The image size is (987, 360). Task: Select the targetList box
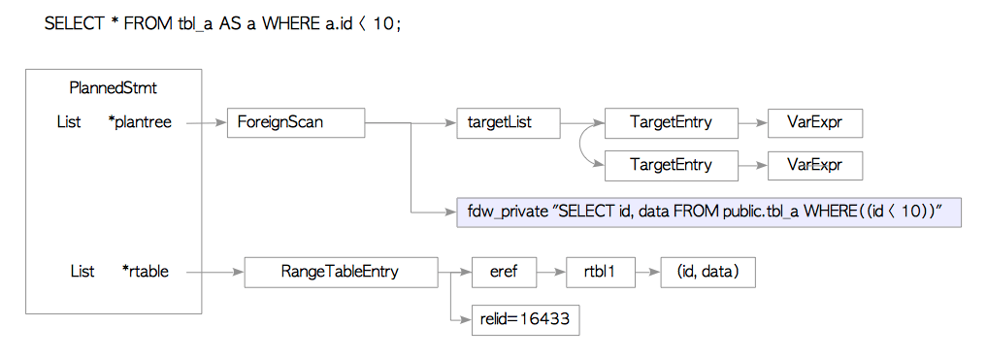(508, 123)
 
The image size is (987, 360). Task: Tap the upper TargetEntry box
(671, 123)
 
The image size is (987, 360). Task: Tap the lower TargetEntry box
(671, 165)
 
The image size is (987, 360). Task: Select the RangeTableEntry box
(340, 272)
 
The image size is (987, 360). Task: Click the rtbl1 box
(591, 272)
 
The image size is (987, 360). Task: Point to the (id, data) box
(707, 272)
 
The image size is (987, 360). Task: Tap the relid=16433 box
(523, 319)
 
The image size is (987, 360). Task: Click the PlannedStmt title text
(114, 88)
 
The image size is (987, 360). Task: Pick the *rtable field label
(145, 272)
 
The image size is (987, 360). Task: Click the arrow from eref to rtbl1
(550, 273)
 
